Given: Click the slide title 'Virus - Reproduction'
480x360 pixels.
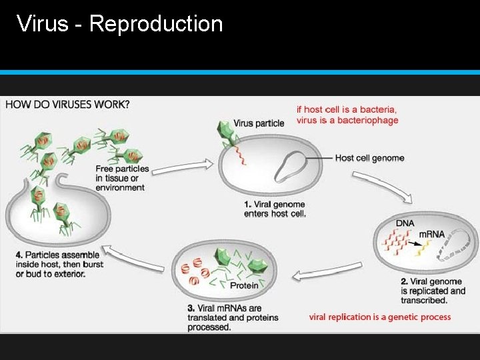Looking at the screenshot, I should tap(120, 24).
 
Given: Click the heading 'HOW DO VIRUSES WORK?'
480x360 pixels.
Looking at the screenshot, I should tap(68, 104).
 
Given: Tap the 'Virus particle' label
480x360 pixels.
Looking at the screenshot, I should tap(259, 123).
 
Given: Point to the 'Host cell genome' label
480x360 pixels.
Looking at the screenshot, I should tap(369, 158).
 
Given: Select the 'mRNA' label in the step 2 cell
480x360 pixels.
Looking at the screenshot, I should tap(431, 235).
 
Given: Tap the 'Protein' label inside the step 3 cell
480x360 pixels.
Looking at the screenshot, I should tap(244, 285).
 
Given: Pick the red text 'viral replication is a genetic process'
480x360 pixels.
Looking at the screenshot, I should tap(380, 317).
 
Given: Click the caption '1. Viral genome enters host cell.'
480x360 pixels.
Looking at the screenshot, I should tap(275, 209).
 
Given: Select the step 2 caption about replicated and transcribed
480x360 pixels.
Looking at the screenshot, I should tap(433, 291).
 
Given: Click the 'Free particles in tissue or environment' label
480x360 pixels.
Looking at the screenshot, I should tap(122, 178).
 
